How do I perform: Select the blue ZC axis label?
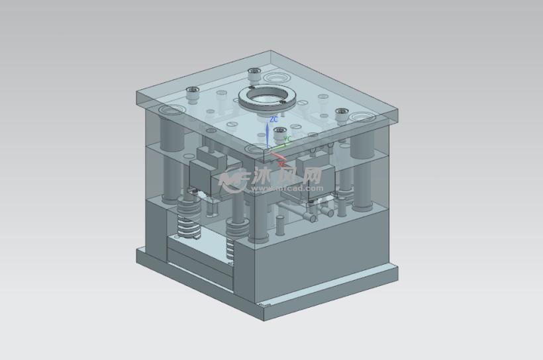coord(273,120)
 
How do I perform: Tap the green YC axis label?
coord(287,140)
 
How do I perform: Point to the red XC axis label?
coord(281,161)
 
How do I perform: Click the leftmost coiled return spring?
coord(187,220)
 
